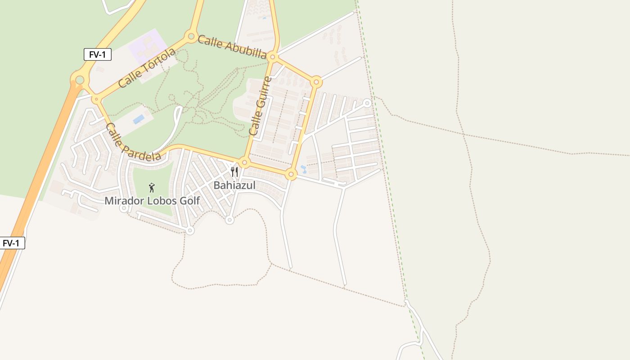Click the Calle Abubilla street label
point(232,47)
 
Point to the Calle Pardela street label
point(133,142)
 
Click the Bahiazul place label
point(234,185)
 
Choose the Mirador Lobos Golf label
point(152,201)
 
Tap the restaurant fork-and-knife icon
point(234,171)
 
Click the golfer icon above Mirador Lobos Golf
point(152,187)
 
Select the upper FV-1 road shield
point(98,54)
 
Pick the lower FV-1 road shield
point(11,243)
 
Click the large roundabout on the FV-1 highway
point(80,80)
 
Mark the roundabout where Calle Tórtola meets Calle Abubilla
point(191,36)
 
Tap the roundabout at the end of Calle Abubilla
point(272,57)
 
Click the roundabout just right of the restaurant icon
point(245,162)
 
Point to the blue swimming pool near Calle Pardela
point(139,119)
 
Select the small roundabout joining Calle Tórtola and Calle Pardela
point(96,99)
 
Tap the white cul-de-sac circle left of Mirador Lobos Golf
point(124,208)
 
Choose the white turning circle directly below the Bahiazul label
point(229,220)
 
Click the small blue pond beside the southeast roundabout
point(304,169)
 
